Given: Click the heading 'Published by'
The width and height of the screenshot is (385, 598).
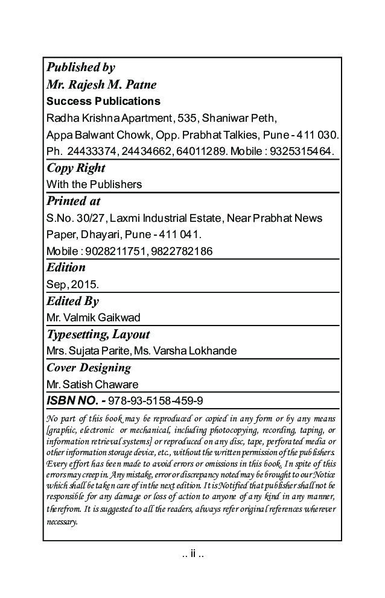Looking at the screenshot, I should (80, 67).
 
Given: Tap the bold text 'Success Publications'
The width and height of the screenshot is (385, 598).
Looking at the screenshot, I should (103, 101).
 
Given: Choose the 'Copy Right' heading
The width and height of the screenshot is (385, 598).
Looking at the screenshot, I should (75, 168).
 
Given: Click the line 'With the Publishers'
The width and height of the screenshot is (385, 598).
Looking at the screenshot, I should (94, 184).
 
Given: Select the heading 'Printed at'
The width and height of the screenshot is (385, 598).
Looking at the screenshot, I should (74, 201).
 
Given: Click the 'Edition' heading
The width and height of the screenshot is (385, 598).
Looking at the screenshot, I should (66, 267).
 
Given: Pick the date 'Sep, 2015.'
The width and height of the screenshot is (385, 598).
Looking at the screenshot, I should (72, 283).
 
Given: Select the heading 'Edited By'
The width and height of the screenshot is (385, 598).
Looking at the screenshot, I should (72, 300).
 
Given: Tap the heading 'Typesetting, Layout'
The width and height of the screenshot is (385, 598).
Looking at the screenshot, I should (98, 334).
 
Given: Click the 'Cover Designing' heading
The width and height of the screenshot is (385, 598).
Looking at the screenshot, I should (89, 367).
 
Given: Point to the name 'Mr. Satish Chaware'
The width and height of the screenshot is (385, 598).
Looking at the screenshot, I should (92, 384).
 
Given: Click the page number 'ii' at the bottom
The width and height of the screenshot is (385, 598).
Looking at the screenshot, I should (192, 553).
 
